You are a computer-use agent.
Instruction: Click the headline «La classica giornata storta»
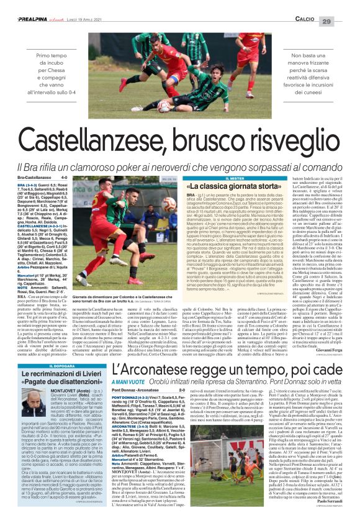point(216,170)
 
